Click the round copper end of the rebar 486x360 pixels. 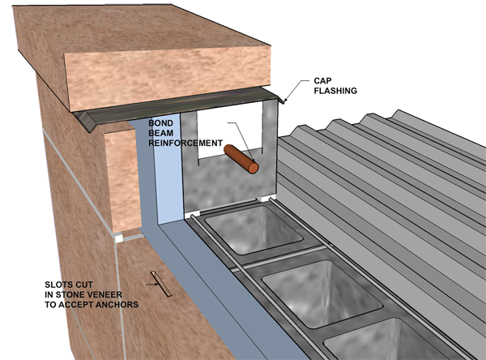(x=254, y=167)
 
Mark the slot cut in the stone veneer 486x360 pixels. (x=157, y=282)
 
